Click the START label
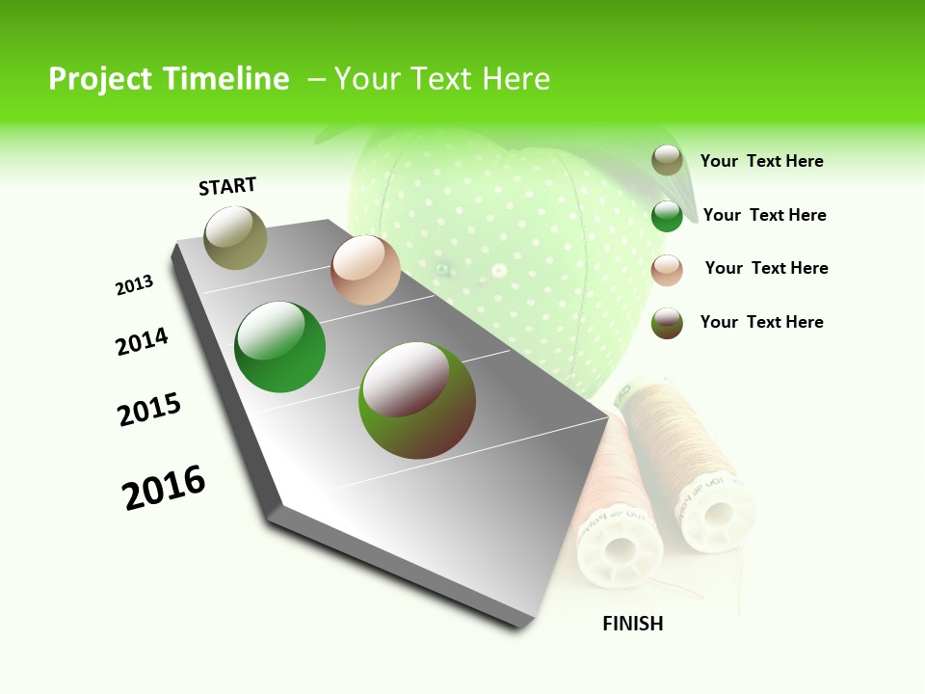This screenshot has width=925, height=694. coord(227,186)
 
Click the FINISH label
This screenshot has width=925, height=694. coord(633,624)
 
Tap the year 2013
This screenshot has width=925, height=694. coord(134,285)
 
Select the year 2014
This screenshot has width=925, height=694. coord(142,342)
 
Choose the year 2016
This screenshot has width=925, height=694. coord(164,488)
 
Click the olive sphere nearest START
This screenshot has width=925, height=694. coord(236,237)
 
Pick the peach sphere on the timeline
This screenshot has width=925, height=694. coord(365,270)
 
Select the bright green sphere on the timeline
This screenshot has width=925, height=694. coord(280,347)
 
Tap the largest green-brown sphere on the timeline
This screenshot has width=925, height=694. coord(417,400)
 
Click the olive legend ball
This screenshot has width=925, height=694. coord(667,161)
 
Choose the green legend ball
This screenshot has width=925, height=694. coord(667,216)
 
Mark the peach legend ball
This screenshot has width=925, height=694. coord(667,270)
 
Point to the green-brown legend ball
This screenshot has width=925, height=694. coord(667,323)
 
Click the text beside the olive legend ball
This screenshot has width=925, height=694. coord(761,162)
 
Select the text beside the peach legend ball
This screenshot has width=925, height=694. coord(766,268)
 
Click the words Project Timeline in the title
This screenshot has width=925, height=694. coord(169,79)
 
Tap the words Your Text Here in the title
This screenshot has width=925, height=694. coord(442,79)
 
